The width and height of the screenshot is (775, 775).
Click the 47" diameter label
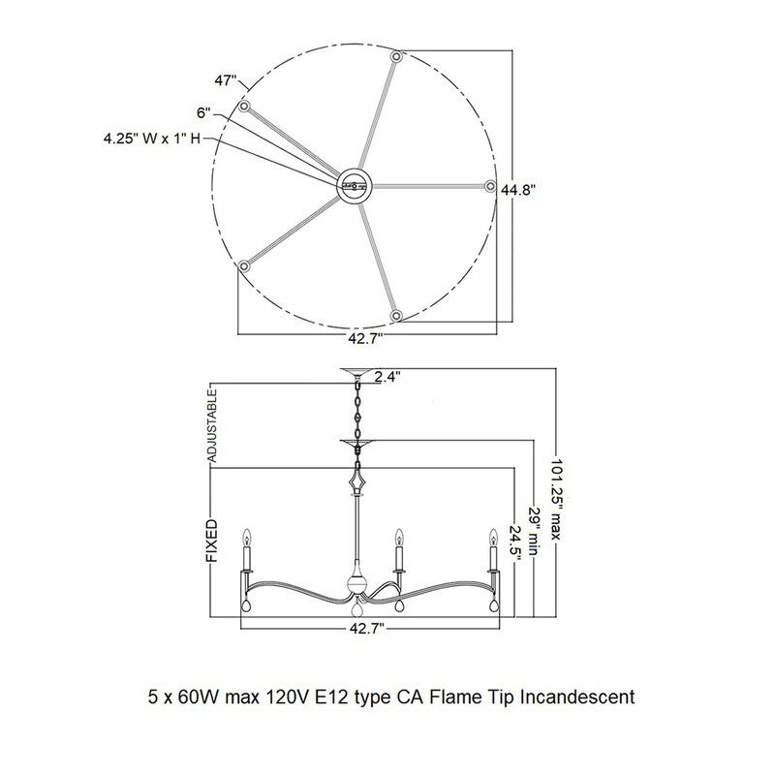coord(226,80)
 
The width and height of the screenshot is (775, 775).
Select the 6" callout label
coord(203,112)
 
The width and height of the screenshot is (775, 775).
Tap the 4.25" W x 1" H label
coord(152,139)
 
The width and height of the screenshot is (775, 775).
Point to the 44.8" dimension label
coord(518,189)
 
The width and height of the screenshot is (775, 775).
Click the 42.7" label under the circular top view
coord(366,339)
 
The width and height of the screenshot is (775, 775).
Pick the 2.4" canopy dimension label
coord(387,377)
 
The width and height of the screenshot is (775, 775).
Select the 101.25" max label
coord(556,499)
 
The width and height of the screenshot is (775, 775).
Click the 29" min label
coord(534,531)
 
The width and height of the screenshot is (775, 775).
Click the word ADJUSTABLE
coord(211,425)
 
